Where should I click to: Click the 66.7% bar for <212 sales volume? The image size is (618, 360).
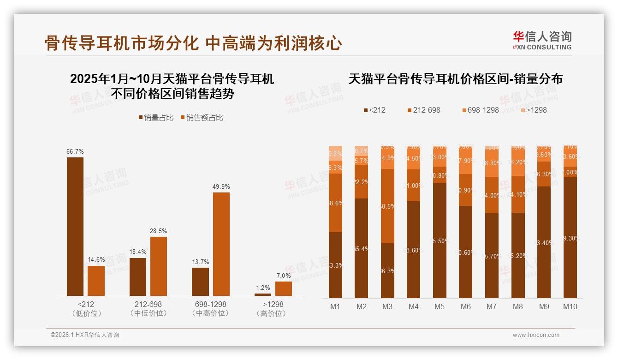(x=75, y=226)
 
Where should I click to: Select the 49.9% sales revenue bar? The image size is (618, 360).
(x=221, y=244)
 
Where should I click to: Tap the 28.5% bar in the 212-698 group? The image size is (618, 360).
(x=159, y=266)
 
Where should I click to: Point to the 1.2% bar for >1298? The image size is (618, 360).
(x=263, y=294)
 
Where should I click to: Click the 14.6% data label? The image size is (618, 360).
(x=96, y=260)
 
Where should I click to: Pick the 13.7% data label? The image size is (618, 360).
(x=200, y=262)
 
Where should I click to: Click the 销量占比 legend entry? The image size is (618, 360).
(x=156, y=118)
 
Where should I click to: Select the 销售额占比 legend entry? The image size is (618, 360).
(x=202, y=118)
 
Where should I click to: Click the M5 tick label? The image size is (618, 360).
(x=440, y=306)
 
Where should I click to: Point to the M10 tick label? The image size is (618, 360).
(x=570, y=306)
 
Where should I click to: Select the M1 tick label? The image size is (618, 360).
(x=335, y=306)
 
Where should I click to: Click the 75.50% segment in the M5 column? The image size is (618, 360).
(x=440, y=240)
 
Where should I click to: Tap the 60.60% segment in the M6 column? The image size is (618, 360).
(x=466, y=252)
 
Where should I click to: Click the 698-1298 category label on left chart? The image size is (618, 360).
(x=210, y=305)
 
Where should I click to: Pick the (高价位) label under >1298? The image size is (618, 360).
(x=273, y=314)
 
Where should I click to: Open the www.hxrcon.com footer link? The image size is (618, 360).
(x=536, y=335)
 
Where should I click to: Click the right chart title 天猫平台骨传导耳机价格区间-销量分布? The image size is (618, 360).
(x=456, y=79)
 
